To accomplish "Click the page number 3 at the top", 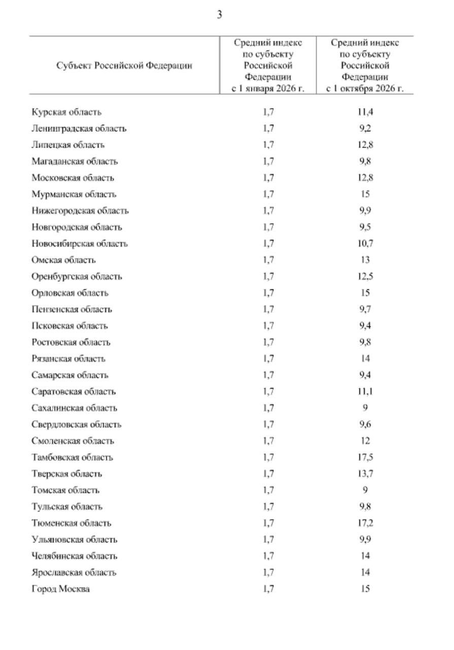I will click(220, 15).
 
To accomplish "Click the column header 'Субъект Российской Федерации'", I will click(124, 66).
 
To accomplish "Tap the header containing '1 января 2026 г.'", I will click(268, 66).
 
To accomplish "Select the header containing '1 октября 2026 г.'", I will click(365, 66).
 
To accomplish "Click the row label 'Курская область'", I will click(66, 112).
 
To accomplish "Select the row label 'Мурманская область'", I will click(74, 194).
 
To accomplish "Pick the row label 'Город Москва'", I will click(61, 589).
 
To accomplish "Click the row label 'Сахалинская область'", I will click(75, 408).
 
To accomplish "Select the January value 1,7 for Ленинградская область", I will click(269, 128).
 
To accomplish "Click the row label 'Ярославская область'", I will click(74, 573).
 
